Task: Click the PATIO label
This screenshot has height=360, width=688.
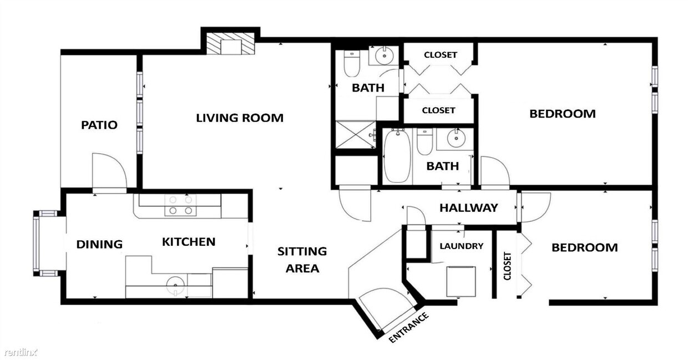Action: tap(99, 125)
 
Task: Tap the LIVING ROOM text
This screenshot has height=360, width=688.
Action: tap(239, 118)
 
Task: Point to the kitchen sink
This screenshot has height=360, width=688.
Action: tap(175, 286)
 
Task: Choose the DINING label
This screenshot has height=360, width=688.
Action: tap(99, 244)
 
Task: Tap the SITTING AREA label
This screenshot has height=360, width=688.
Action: tap(302, 260)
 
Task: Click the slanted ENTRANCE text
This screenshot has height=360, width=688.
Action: tap(409, 328)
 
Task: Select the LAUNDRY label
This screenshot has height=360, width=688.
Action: tap(462, 246)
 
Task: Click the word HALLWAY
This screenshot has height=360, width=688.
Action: tap(469, 208)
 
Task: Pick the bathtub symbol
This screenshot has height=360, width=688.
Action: tap(397, 156)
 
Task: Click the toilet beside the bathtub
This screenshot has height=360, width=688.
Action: tap(424, 142)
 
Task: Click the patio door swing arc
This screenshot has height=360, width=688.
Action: tap(111, 170)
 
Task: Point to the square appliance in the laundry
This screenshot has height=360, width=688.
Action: tap(461, 281)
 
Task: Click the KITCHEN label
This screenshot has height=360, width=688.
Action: tap(189, 242)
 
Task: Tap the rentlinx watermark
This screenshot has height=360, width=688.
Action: tap(20, 352)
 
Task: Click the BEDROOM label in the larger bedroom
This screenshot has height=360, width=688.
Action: tap(562, 114)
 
